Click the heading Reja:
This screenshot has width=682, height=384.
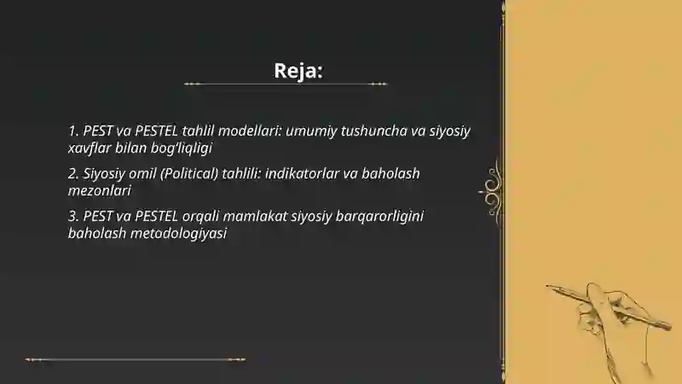click(x=298, y=70)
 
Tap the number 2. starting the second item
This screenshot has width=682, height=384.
click(x=73, y=173)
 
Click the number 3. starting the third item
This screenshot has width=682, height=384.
click(x=73, y=216)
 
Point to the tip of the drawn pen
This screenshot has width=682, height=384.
click(x=550, y=286)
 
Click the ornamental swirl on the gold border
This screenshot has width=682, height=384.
click(x=492, y=184)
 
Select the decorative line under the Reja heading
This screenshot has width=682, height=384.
click(x=286, y=84)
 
